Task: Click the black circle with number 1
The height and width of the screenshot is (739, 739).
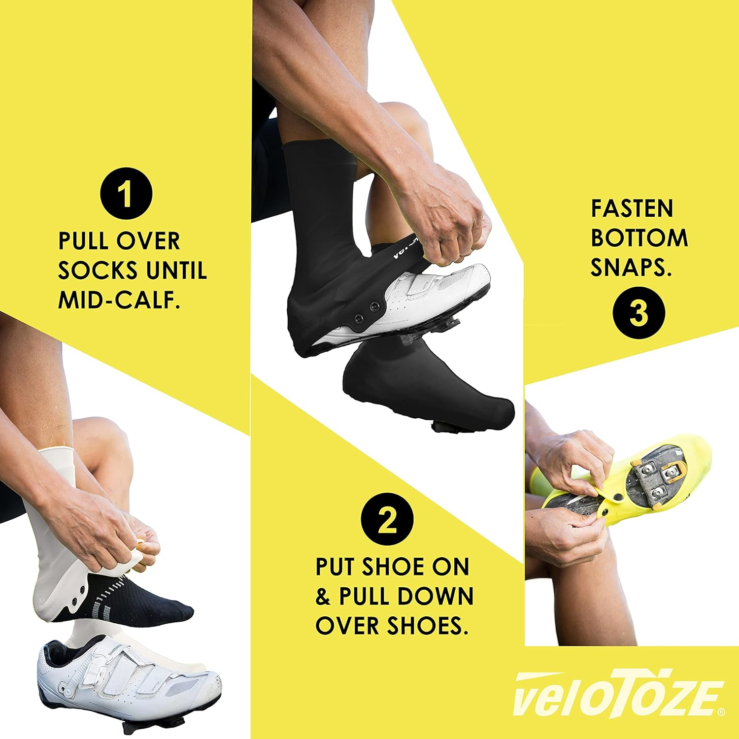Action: tap(126, 194)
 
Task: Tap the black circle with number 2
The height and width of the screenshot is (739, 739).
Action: tap(387, 519)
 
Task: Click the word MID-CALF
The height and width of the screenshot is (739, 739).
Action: tap(119, 300)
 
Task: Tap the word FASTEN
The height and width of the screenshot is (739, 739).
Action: tap(632, 209)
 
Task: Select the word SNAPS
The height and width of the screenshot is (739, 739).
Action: tap(632, 268)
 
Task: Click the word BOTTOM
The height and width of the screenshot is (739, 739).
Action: tap(639, 238)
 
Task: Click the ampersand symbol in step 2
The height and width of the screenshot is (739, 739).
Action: tap(323, 597)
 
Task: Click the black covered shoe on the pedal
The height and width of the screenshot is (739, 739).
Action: tap(429, 389)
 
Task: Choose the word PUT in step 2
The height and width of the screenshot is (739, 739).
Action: tap(336, 567)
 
